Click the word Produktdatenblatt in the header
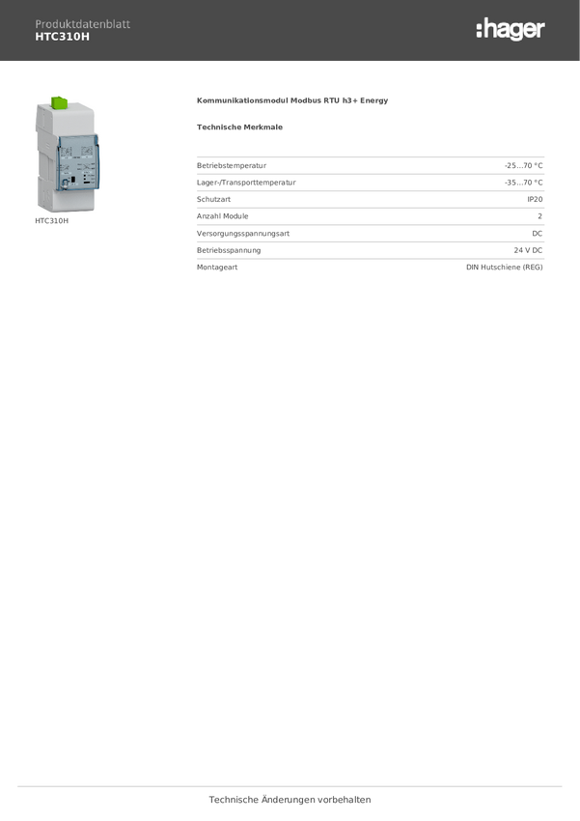[82, 24]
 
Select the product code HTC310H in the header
[62, 38]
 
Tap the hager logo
[510, 30]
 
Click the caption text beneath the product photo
[52, 221]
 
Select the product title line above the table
[292, 100]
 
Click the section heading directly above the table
[239, 127]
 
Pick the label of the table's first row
[232, 165]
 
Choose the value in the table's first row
[524, 165]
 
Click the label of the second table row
[247, 182]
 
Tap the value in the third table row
[536, 199]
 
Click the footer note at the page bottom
[290, 800]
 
